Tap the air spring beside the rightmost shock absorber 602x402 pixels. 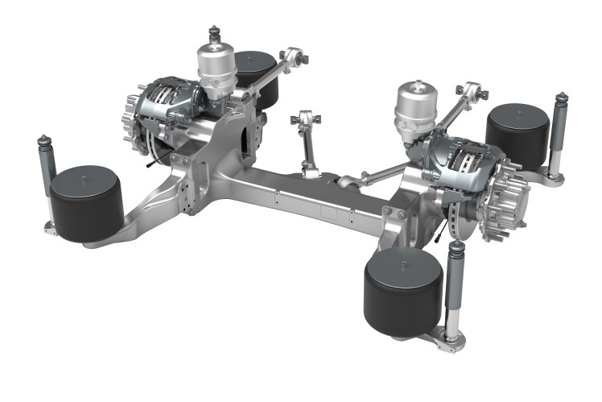(517, 135)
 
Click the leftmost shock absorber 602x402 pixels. (47, 173)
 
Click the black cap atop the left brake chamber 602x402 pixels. (215, 34)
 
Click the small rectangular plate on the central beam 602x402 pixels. (330, 213)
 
